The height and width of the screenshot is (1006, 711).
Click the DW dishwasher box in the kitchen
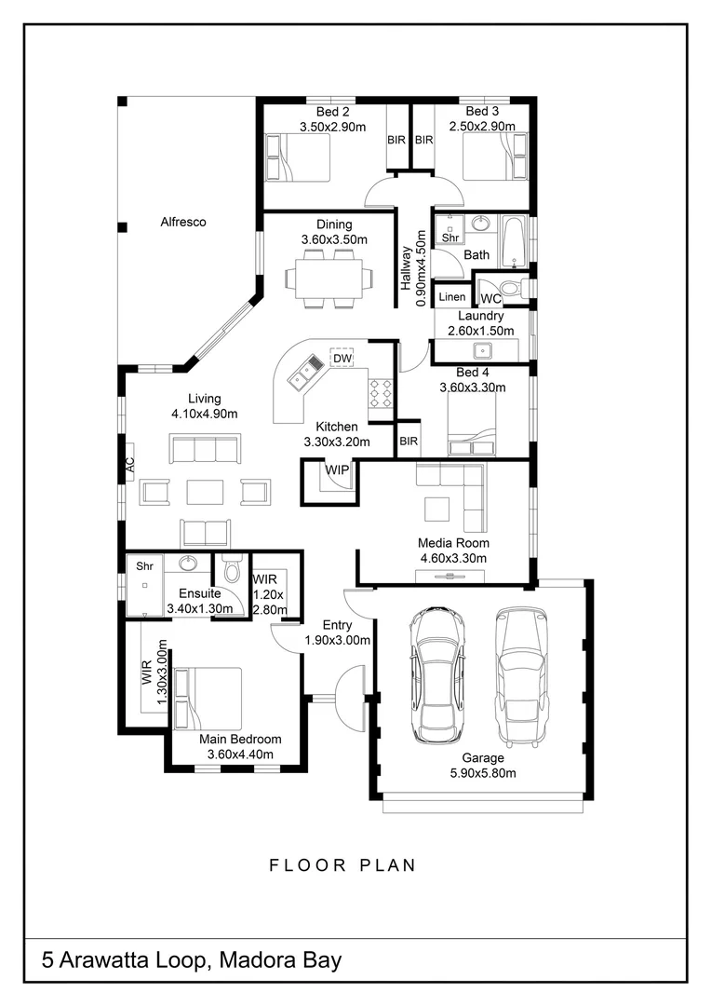(x=342, y=358)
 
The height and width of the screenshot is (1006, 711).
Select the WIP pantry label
(x=337, y=469)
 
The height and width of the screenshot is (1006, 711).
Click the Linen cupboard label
(x=452, y=296)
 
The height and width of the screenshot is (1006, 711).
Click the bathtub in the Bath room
(x=513, y=242)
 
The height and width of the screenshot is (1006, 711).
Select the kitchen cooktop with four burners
(x=381, y=393)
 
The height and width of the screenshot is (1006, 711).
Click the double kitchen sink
(x=306, y=373)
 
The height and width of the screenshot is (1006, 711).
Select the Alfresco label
(x=183, y=222)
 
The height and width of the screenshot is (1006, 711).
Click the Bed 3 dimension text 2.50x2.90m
(x=482, y=127)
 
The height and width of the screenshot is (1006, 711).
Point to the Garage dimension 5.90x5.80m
(x=483, y=773)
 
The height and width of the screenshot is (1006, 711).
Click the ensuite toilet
(x=232, y=568)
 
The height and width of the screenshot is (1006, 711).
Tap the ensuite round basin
(x=188, y=564)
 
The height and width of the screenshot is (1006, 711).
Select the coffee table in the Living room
(x=205, y=492)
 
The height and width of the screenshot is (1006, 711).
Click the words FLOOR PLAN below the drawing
(x=342, y=865)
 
